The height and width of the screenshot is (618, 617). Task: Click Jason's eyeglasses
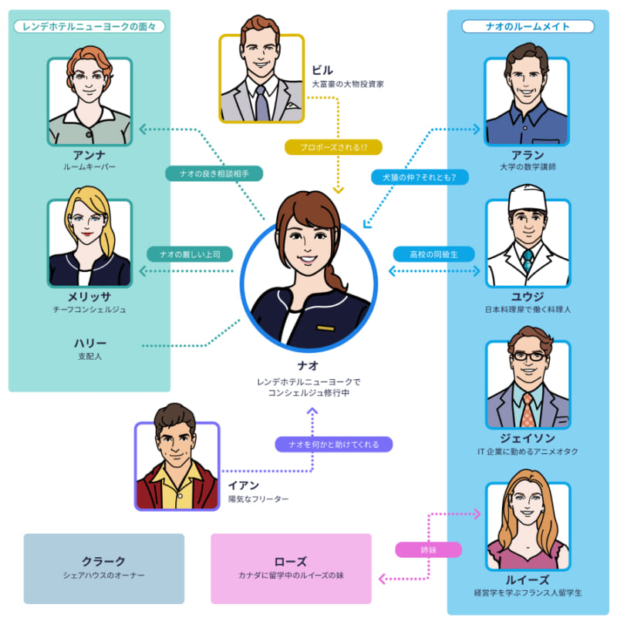[528, 358]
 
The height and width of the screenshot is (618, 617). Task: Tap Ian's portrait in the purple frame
[177, 466]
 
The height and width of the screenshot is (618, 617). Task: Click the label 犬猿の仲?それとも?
[420, 177]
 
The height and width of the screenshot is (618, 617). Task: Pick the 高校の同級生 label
[433, 254]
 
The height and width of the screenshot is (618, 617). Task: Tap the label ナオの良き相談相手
[214, 173]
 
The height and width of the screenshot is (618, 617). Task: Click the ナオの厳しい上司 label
[190, 254]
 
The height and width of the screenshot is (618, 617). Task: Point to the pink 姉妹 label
[428, 550]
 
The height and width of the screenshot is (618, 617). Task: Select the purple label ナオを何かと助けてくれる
[334, 444]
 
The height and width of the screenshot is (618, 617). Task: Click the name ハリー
[90, 343]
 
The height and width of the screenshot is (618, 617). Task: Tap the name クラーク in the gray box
[103, 562]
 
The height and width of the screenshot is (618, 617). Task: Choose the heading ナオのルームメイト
[528, 26]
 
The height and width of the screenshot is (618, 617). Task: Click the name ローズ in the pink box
[291, 562]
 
